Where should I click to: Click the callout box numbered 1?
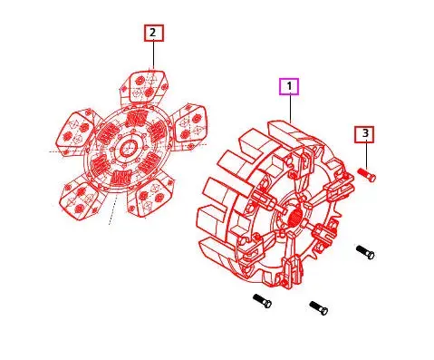[289, 87]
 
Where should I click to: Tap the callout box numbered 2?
[152, 34]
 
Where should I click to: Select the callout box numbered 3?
[365, 135]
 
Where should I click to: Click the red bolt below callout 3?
[367, 173]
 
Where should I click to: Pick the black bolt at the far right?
[365, 251]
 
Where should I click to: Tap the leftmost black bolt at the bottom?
[262, 300]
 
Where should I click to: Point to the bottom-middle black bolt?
[318, 308]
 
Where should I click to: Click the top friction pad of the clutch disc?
[147, 88]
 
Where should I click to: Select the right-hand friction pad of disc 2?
[190, 123]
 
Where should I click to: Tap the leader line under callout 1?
[289, 109]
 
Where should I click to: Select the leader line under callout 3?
[365, 154]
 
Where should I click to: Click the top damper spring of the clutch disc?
[136, 119]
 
